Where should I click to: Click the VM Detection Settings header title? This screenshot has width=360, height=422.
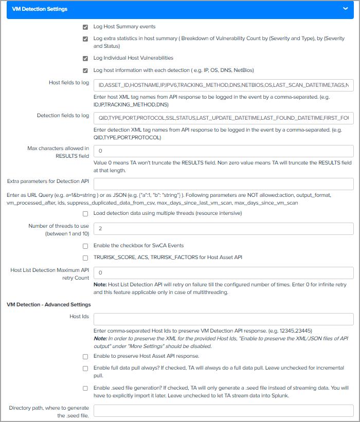40,9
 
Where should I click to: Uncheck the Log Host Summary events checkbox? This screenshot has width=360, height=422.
85,27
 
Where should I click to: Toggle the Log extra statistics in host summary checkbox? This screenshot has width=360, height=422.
85,39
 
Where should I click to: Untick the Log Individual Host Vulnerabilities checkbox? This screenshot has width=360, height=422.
85,59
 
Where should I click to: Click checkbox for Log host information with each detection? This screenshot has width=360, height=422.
85,70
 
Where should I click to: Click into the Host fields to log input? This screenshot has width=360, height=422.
223,85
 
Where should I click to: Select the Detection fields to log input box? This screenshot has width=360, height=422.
223,118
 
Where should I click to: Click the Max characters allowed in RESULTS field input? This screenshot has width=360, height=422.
223,151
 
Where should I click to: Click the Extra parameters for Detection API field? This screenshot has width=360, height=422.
223,184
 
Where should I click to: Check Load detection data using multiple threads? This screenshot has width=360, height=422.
85,213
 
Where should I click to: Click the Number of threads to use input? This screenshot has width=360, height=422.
223,229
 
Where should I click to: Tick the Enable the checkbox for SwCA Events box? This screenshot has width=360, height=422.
85,246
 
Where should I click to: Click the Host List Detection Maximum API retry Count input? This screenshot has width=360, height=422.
223,273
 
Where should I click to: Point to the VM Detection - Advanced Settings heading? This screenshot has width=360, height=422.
49,305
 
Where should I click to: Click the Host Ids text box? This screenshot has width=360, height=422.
223,319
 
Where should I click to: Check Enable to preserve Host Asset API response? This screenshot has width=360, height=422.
85,356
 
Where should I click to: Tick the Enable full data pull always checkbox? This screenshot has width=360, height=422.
85,368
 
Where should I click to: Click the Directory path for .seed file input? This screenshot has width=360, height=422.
223,411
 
